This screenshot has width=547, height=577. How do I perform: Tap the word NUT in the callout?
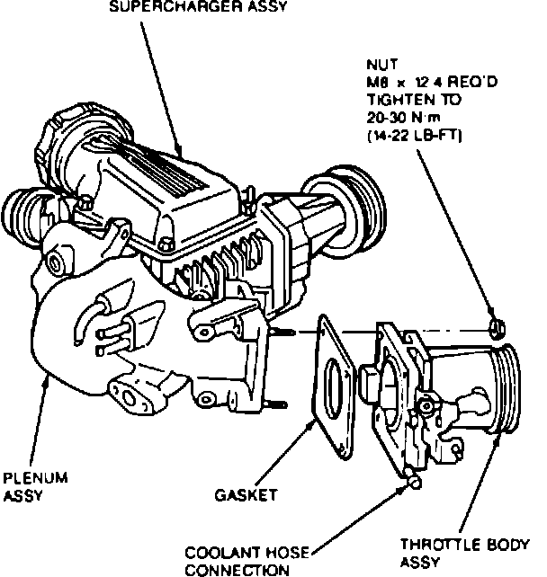pos(378,65)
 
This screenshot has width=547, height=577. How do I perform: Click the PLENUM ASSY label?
pos(29,485)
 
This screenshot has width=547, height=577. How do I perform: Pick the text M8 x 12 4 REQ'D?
pos(418,84)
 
